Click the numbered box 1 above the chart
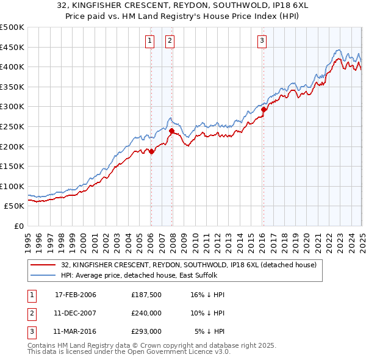(149, 41)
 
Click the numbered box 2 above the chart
(170, 41)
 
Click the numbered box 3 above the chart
(261, 41)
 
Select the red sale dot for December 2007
(172, 131)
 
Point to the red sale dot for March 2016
(264, 110)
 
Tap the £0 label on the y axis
(19, 226)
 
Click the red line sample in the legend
(42, 265)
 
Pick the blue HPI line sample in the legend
(42, 276)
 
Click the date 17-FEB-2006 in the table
(76, 295)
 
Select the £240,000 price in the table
(146, 313)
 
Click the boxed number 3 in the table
(31, 331)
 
